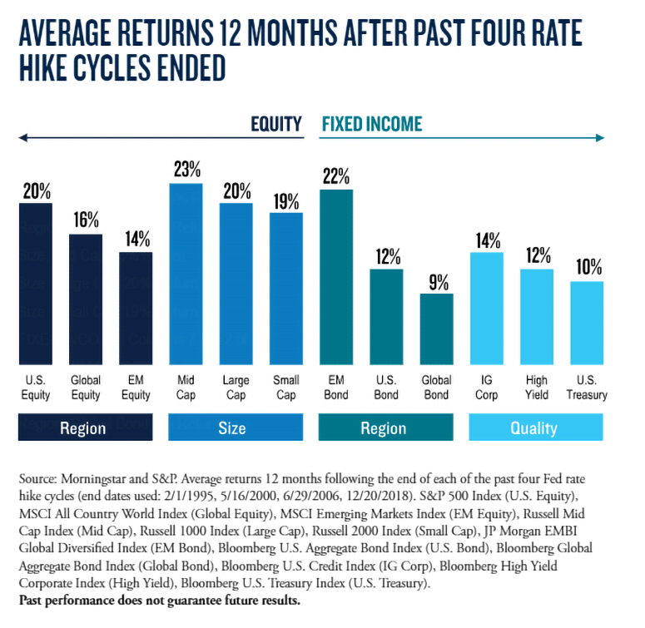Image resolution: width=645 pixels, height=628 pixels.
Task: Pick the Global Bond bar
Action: pyautogui.click(x=436, y=329)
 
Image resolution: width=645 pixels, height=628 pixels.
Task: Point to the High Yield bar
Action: pyautogui.click(x=537, y=317)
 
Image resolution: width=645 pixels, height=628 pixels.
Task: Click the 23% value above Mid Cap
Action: pyautogui.click(x=186, y=170)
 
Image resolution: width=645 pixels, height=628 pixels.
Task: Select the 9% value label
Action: pyautogui.click(x=436, y=280)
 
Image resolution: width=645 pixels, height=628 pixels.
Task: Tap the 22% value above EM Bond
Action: pyautogui.click(x=336, y=176)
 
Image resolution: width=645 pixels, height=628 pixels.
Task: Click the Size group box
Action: pyautogui.click(x=231, y=428)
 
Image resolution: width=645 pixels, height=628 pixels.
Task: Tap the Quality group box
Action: pyautogui.click(x=533, y=428)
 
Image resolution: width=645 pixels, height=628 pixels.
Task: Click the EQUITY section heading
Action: pyautogui.click(x=276, y=125)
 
